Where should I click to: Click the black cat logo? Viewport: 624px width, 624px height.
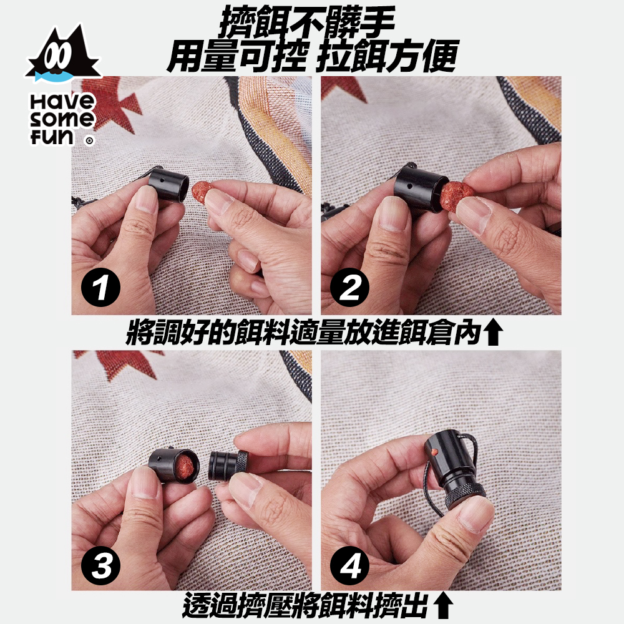(x=63, y=55)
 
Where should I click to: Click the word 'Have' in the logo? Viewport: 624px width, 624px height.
(x=62, y=102)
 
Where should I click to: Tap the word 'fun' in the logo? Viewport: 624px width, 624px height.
(x=52, y=137)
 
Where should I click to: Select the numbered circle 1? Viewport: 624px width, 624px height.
(x=100, y=287)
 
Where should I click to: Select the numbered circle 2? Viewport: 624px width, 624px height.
(x=350, y=287)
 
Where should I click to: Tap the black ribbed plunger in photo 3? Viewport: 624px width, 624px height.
(x=228, y=464)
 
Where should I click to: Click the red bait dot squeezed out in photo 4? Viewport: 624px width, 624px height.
(x=434, y=451)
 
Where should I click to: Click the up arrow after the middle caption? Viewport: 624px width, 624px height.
(x=494, y=333)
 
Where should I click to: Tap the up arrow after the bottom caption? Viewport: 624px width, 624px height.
(x=443, y=607)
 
